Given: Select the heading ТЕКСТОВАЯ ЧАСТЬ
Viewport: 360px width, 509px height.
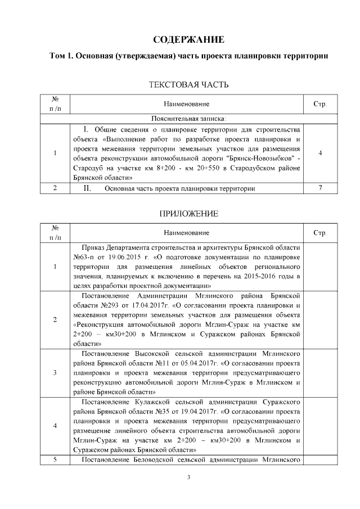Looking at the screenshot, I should pos(188,85).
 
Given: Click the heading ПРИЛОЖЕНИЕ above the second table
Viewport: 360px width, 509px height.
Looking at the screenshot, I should pos(188,214).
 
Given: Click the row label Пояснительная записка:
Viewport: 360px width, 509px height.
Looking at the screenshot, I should pos(188,119).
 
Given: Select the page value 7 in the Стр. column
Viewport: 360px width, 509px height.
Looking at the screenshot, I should pos(319,188).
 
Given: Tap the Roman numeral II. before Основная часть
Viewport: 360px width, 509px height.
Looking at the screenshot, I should pos(88,188).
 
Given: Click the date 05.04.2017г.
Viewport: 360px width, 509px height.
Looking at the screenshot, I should pos(198,363).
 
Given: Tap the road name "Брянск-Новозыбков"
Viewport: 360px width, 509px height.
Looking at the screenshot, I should pos(257,159).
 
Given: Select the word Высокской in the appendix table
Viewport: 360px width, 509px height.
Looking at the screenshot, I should pos(150,354).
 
